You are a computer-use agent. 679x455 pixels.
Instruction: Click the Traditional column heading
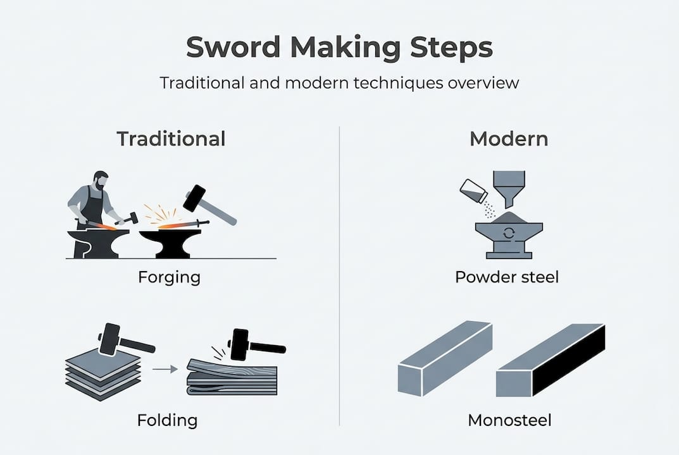click(x=171, y=138)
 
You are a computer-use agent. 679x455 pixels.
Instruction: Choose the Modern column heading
click(x=509, y=138)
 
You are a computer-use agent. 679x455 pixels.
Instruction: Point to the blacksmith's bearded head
click(x=101, y=181)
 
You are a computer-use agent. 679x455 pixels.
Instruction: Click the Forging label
click(x=169, y=277)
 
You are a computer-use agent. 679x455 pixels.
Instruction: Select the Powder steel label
click(x=507, y=277)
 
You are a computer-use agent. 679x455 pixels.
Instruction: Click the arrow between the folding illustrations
click(x=166, y=370)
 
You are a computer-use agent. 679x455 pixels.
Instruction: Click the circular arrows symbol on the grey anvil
click(x=508, y=234)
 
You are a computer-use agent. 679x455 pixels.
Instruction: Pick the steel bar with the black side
click(x=551, y=361)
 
